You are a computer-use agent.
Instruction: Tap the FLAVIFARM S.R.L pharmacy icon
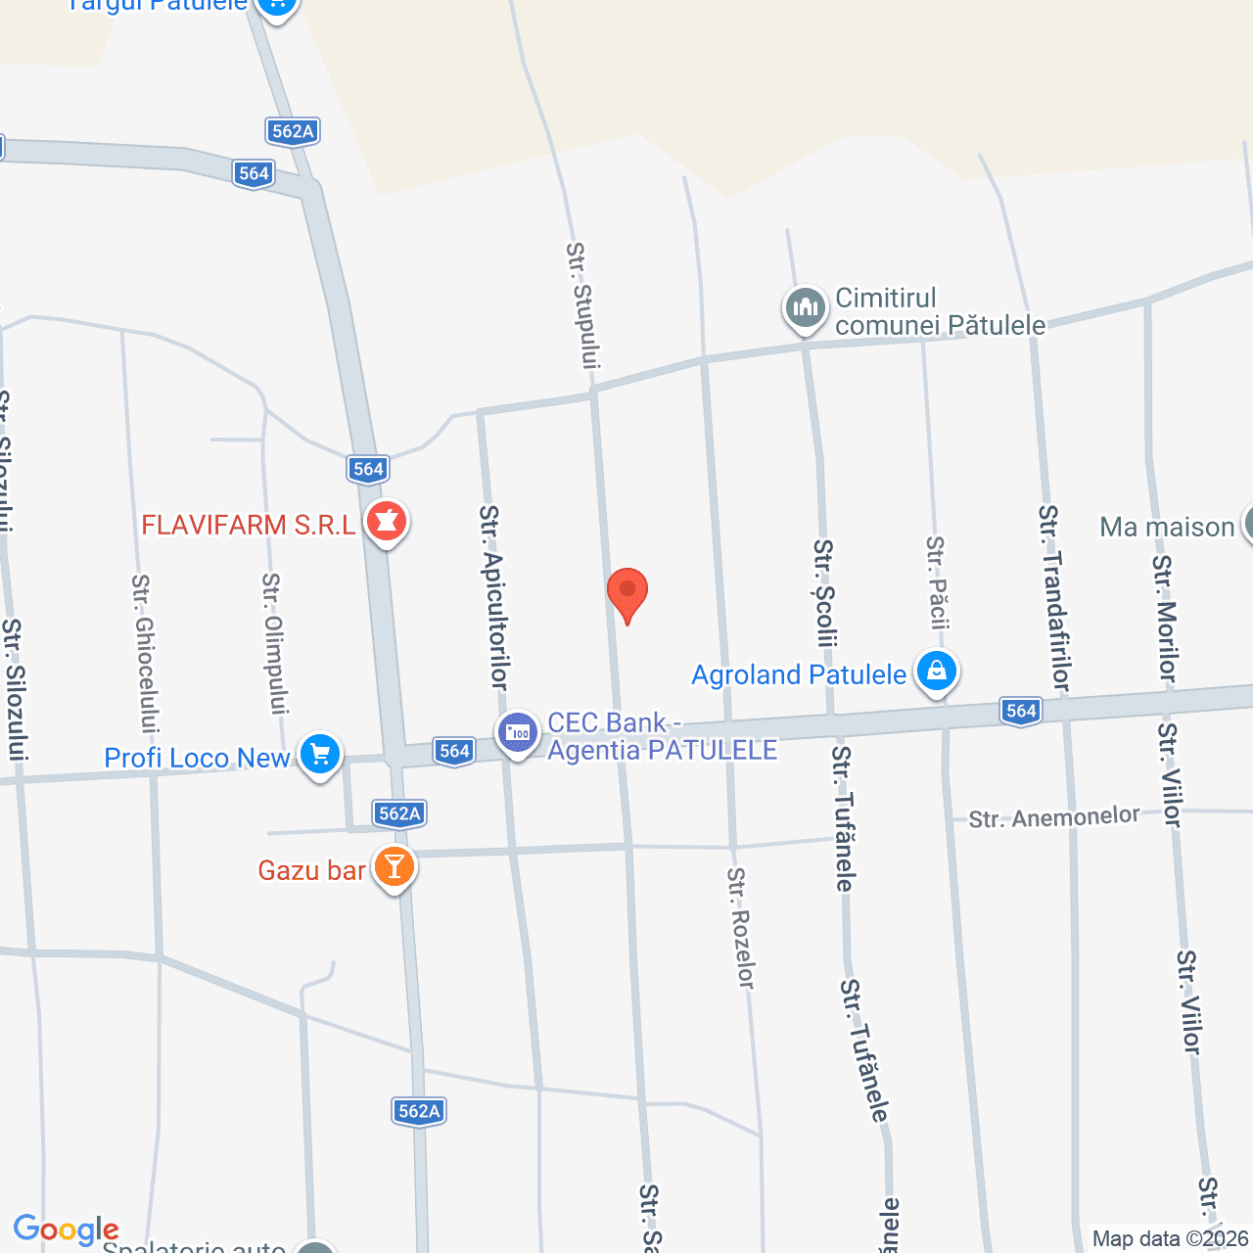[x=387, y=523]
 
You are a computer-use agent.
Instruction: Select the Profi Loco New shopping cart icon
[x=320, y=756]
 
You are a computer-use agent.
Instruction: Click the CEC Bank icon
[x=518, y=733]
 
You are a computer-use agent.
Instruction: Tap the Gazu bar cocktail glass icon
[x=394, y=867]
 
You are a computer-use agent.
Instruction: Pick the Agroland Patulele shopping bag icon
[x=937, y=673]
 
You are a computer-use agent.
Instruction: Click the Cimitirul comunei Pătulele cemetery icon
[x=806, y=308]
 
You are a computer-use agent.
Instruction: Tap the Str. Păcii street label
[x=938, y=581]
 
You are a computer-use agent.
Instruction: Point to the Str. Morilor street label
[x=1164, y=619]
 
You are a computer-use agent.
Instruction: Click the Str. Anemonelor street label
[x=1054, y=817]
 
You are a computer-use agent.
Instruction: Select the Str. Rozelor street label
[x=741, y=928]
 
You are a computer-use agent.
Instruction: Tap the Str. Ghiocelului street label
[x=145, y=653]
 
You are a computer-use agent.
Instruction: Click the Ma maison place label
[x=1167, y=527]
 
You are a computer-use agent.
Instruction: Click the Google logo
[x=66, y=1230]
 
